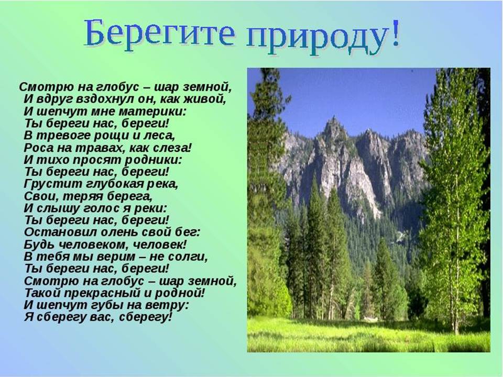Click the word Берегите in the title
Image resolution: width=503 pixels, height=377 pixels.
point(159,34)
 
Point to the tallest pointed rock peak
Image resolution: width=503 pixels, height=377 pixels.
point(334,119)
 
